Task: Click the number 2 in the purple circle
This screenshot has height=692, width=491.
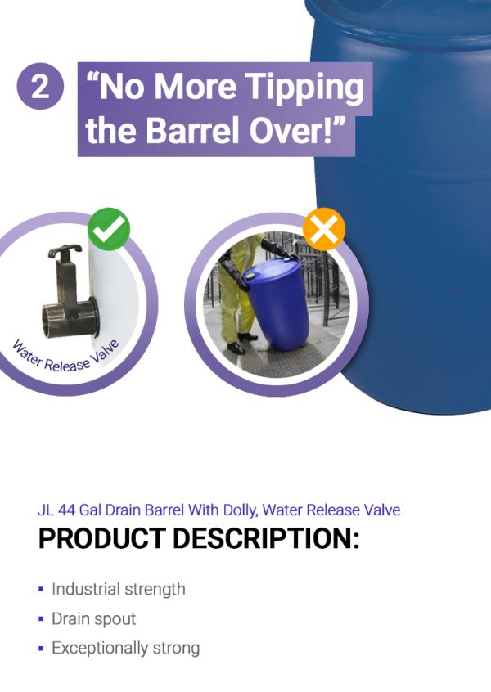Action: pos(40,88)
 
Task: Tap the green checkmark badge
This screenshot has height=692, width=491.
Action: pos(109,230)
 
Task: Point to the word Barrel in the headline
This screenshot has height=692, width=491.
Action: pos(194,130)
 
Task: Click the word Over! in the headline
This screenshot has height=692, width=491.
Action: pos(297,130)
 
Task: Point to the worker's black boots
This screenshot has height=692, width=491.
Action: pos(243,344)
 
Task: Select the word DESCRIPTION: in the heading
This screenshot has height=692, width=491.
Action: pos(266,538)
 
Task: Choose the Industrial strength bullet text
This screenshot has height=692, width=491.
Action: pos(119,589)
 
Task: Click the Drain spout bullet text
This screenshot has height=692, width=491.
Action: pos(93,618)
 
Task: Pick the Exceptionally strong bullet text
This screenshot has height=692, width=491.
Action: pos(126,649)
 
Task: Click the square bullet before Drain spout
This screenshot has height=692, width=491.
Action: pos(41,619)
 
